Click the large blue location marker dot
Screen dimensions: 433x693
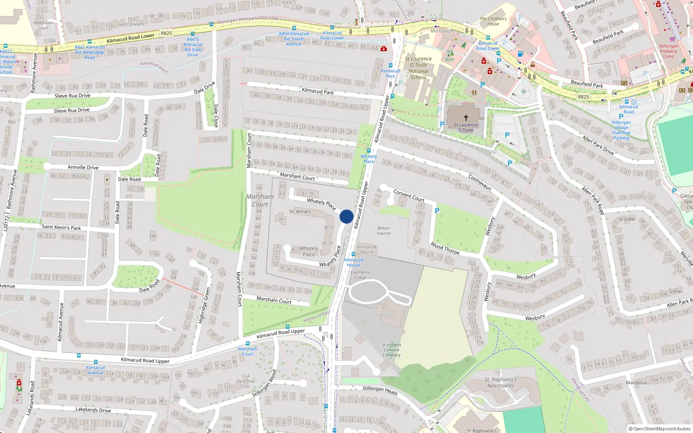tap(346, 216)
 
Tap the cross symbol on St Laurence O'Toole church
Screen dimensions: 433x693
tap(466, 117)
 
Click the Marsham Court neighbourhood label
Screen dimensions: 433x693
tap(260, 200)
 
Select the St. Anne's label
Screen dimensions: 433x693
tap(300, 212)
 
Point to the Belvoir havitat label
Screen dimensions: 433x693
tap(384, 231)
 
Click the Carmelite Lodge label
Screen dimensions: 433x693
tap(360, 275)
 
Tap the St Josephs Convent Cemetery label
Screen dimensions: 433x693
tap(392, 350)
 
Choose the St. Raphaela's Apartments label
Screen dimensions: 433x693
tap(501, 382)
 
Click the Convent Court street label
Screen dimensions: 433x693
tap(409, 195)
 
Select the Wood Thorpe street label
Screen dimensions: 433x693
tap(445, 248)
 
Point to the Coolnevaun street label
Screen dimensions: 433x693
tap(480, 182)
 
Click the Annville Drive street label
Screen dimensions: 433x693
tap(83, 167)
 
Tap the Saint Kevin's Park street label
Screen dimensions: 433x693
tap(62, 227)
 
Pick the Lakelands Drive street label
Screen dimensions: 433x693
tap(93, 410)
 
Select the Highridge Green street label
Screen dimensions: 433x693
tap(204, 305)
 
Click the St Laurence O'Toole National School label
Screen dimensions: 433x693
tap(418, 68)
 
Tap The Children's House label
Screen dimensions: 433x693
tap(493, 21)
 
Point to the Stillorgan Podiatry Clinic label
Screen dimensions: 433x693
tap(668, 51)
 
